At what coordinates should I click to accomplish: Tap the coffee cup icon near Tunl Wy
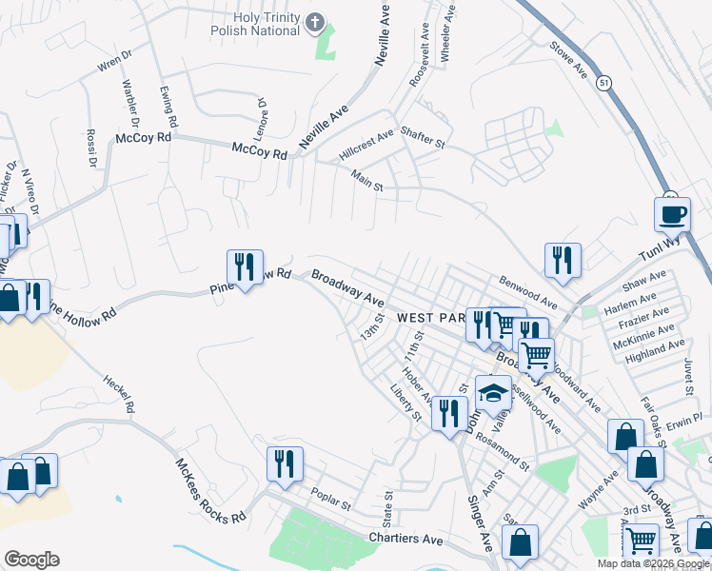(x=673, y=213)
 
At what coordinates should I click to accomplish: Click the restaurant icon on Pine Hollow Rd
(x=246, y=266)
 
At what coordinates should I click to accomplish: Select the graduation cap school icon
(x=493, y=392)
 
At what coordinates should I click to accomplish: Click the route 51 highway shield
(x=604, y=84)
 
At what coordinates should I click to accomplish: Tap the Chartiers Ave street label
(x=405, y=540)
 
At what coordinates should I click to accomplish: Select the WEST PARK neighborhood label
(x=429, y=317)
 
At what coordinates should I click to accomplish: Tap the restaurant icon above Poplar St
(x=285, y=463)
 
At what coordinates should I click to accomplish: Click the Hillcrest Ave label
(x=366, y=146)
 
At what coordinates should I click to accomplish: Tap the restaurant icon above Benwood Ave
(x=563, y=260)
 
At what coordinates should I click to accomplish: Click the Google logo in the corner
(x=31, y=560)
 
